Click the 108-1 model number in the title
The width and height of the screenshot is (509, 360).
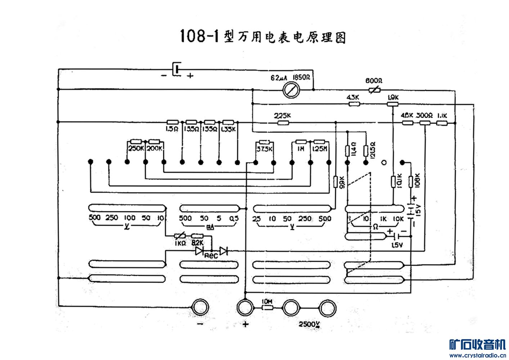click(199, 36)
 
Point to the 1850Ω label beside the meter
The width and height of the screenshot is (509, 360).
click(302, 77)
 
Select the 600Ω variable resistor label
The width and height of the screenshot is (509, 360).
click(374, 81)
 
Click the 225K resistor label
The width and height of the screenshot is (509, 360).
click(282, 116)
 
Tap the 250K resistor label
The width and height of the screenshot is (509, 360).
click(136, 148)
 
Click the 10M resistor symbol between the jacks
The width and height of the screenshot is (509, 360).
click(267, 308)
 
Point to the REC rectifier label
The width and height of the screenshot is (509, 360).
click(211, 256)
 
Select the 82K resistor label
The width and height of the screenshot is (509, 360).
click(197, 243)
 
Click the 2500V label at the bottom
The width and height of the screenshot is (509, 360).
click(309, 324)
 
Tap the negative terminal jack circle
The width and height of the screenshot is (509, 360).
click(200, 308)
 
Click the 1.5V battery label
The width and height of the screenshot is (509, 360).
click(397, 245)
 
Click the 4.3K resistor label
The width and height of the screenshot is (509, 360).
click(352, 97)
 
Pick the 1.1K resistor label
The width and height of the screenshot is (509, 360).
click(442, 116)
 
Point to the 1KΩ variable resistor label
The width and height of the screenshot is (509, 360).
click(180, 243)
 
